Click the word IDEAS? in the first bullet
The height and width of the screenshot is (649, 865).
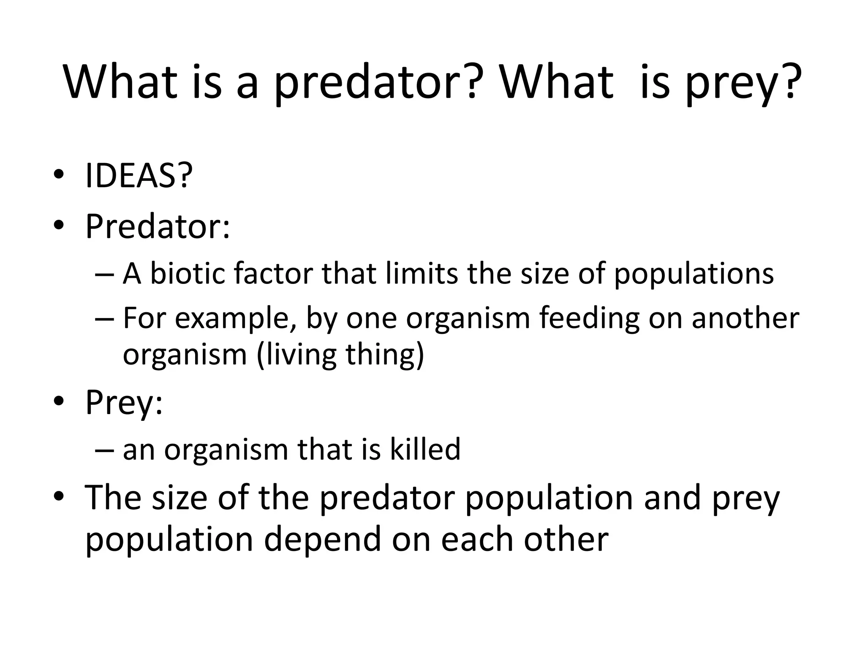tap(139, 175)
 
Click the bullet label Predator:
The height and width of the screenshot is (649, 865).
tap(158, 226)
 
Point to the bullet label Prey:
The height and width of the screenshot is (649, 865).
tap(124, 402)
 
